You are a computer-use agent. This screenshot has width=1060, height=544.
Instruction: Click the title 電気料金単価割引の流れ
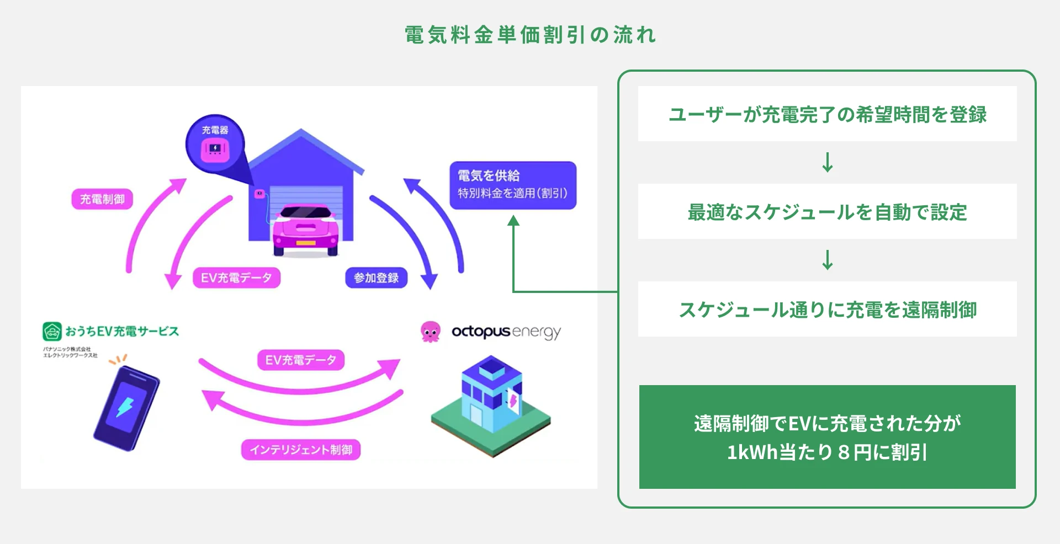tap(530, 35)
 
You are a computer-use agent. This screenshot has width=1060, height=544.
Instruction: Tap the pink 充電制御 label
tap(102, 199)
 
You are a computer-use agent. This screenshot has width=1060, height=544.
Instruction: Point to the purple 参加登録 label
tap(377, 278)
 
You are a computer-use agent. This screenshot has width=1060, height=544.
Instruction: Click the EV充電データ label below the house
tap(236, 278)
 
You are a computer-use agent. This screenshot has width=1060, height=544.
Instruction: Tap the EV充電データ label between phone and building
tap(301, 360)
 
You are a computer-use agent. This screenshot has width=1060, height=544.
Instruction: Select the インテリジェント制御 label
tap(301, 450)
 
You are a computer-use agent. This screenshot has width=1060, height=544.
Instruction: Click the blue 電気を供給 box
tap(513, 185)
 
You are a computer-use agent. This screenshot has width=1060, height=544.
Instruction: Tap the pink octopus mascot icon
tap(430, 332)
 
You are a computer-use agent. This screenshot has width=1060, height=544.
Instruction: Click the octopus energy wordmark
tap(506, 332)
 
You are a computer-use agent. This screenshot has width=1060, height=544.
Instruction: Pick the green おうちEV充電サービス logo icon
tap(52, 331)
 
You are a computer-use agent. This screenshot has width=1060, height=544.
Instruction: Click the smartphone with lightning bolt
tap(126, 408)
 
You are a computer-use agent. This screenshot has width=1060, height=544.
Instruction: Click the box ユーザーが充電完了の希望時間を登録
tap(827, 114)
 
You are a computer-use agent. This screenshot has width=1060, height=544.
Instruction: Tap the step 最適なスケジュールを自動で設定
tap(827, 211)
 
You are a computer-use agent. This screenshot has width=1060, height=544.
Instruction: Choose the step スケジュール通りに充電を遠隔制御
tap(827, 309)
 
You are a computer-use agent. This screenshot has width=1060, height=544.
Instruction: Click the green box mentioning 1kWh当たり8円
tap(827, 436)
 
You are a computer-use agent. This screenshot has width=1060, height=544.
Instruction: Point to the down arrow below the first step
tap(827, 162)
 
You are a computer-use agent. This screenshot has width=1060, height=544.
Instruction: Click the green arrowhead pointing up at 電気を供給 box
tap(513, 221)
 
